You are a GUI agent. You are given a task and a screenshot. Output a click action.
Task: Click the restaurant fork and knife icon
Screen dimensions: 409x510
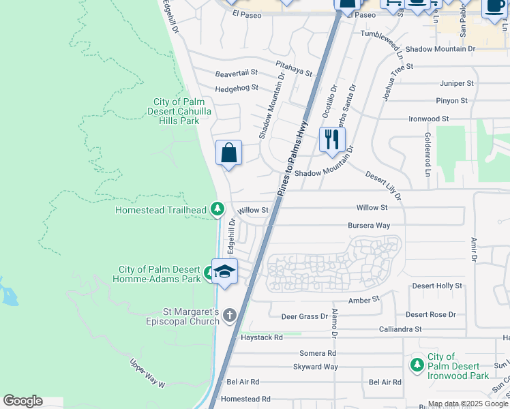pos(332,140)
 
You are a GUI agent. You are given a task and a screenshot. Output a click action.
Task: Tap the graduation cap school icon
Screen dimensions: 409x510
pos(224,271)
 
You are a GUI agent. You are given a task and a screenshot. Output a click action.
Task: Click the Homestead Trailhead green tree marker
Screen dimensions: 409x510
pos(217,209)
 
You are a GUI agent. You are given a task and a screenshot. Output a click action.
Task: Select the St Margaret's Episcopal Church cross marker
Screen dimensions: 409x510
pos(230,315)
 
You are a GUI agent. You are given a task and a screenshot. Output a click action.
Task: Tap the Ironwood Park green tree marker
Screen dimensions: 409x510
pos(417,365)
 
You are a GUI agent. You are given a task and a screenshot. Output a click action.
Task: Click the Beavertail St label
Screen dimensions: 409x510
pos(237,72)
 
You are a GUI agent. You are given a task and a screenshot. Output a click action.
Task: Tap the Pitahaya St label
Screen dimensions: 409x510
pos(293,67)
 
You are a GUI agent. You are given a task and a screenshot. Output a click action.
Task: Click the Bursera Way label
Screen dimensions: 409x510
pos(369,225)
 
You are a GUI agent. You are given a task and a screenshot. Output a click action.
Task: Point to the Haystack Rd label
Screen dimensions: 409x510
pos(261,337)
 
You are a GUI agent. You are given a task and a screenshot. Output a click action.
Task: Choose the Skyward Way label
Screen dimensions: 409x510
pos(315,367)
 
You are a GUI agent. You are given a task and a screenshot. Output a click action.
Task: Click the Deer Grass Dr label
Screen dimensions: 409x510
pos(305,316)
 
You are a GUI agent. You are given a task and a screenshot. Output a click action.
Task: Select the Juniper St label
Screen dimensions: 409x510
pos(457,83)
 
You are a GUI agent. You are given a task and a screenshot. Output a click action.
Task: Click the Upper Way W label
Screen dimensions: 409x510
pos(148,374)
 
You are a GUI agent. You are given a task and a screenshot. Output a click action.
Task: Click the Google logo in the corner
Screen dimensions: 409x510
pos(22,401)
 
